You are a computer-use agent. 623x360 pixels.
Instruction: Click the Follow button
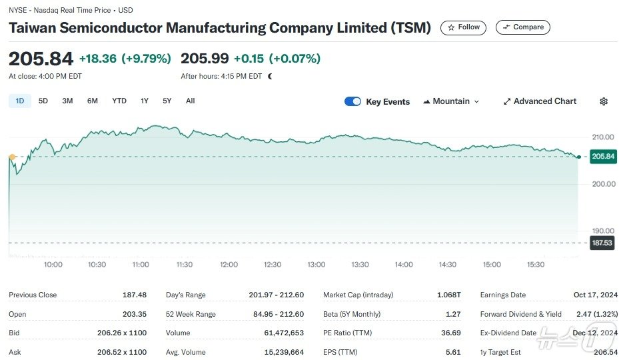pyautogui.click(x=463, y=27)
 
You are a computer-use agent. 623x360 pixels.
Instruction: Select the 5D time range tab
pyautogui.click(x=43, y=101)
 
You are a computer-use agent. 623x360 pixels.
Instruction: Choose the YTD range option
pyautogui.click(x=119, y=101)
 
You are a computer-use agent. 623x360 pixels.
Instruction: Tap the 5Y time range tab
pyautogui.click(x=167, y=101)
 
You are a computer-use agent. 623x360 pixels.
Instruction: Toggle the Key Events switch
pyautogui.click(x=352, y=101)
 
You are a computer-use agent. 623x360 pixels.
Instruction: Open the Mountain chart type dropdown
pyautogui.click(x=451, y=101)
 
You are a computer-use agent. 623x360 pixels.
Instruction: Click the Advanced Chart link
pyautogui.click(x=540, y=101)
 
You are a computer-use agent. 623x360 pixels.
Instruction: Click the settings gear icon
pyautogui.click(x=604, y=101)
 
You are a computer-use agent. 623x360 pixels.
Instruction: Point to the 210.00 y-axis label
pyautogui.click(x=603, y=137)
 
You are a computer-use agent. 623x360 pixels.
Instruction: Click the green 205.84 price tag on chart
pyautogui.click(x=603, y=157)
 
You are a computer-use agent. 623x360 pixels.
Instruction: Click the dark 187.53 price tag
pyautogui.click(x=602, y=243)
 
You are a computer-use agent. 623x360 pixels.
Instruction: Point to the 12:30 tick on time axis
pyautogui.click(x=273, y=265)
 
